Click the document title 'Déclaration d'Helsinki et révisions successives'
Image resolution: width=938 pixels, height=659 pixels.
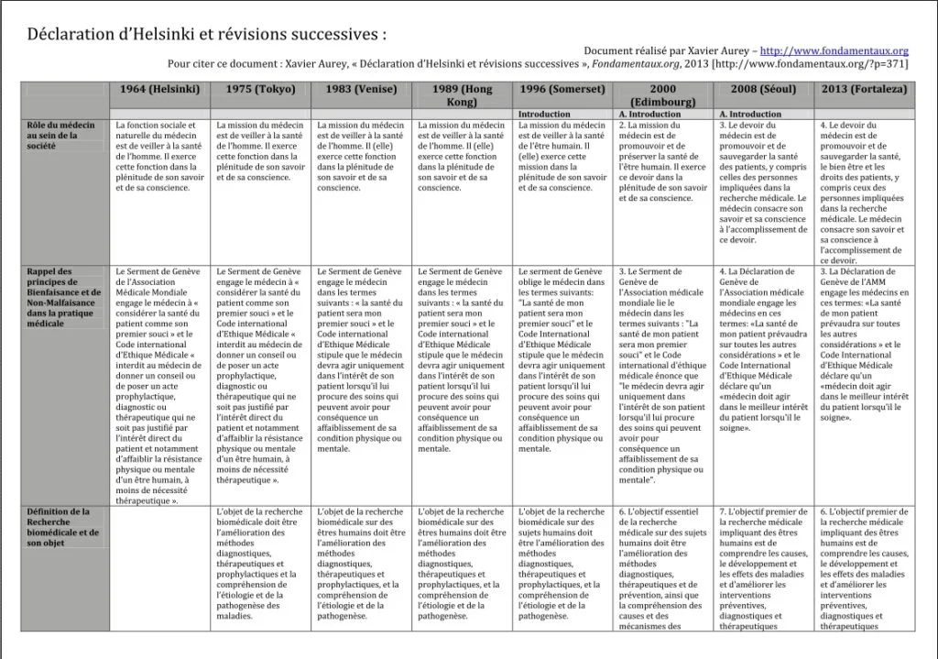coord(207,35)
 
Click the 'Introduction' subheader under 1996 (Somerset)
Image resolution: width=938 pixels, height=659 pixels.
coord(544,115)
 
